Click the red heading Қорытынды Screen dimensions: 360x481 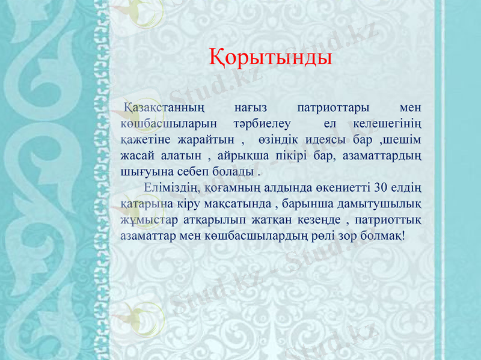pos(271,58)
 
